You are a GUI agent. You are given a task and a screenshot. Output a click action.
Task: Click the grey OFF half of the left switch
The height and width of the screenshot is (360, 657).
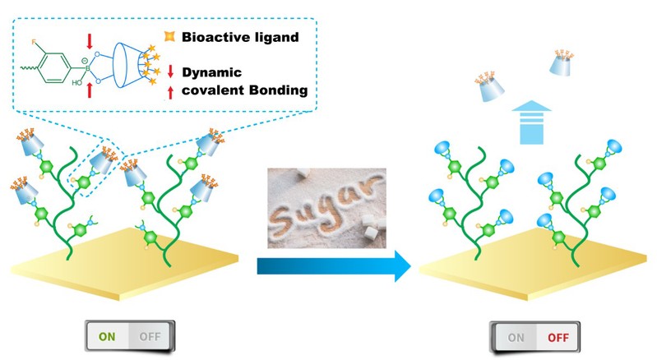pyautogui.click(x=150, y=336)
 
